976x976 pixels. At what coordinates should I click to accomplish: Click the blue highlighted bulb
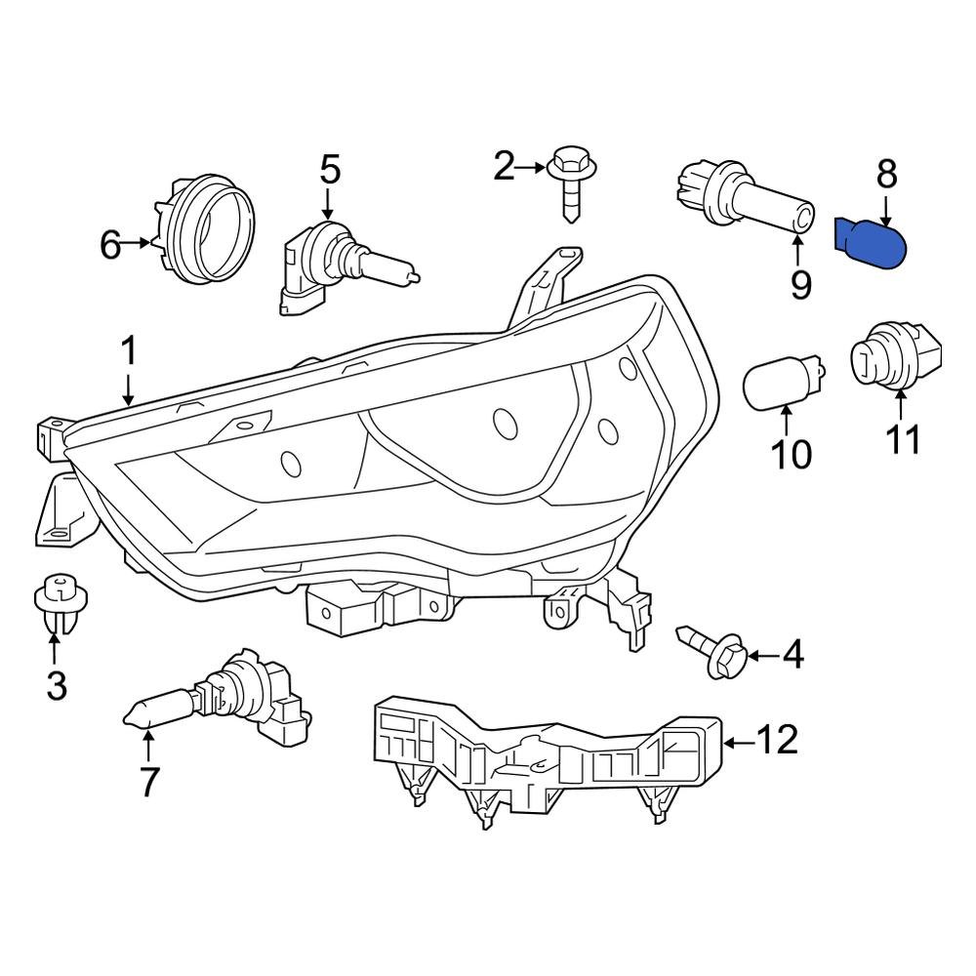coord(874,243)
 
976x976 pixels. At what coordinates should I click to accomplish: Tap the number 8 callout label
coord(886,175)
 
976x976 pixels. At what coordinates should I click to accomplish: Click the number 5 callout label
coord(331,170)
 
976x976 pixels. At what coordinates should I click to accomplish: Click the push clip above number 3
coord(58,596)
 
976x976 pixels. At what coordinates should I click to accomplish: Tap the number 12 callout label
coord(778,741)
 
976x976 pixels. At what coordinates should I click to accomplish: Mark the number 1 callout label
coord(129,352)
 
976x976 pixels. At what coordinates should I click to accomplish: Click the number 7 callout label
coord(148,782)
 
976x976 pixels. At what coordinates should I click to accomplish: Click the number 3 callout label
coord(57,686)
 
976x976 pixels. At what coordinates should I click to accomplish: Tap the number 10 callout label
coord(791,454)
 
